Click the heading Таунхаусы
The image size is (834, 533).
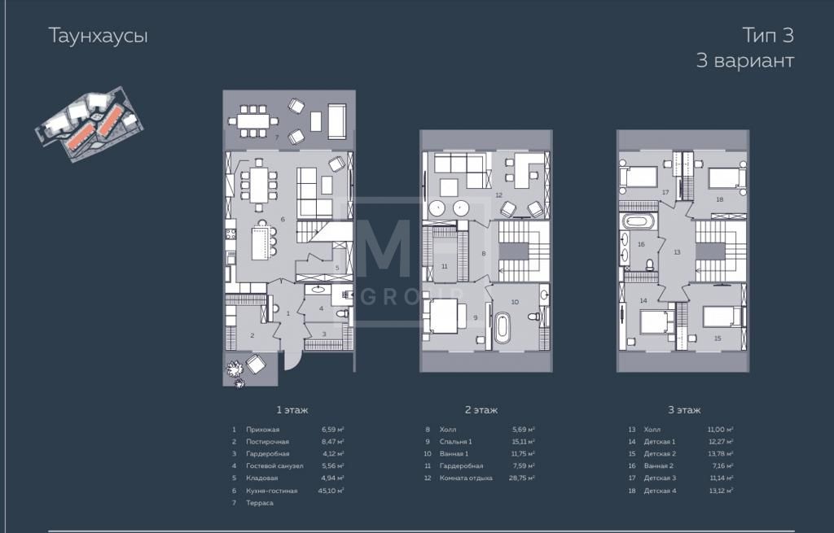pyautogui.click(x=98, y=36)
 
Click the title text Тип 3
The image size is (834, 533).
pyautogui.click(x=768, y=35)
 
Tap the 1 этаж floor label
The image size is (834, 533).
pyautogui.click(x=292, y=409)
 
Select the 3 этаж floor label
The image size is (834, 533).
pyautogui.click(x=684, y=409)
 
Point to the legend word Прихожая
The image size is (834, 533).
pyautogui.click(x=263, y=430)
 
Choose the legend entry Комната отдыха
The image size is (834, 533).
pyautogui.click(x=466, y=478)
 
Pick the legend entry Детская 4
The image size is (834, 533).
pyautogui.click(x=660, y=491)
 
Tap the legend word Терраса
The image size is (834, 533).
pyautogui.click(x=260, y=503)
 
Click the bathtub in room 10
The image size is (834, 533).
pyautogui.click(x=502, y=327)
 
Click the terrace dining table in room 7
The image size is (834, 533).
pyautogui.click(x=254, y=121)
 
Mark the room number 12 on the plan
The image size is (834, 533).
pyautogui.click(x=498, y=195)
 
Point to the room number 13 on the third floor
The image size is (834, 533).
pyautogui.click(x=677, y=252)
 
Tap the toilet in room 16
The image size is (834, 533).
pyautogui.click(x=650, y=264)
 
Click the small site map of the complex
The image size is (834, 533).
pyautogui.click(x=90, y=124)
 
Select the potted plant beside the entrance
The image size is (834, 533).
pyautogui.click(x=234, y=368)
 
